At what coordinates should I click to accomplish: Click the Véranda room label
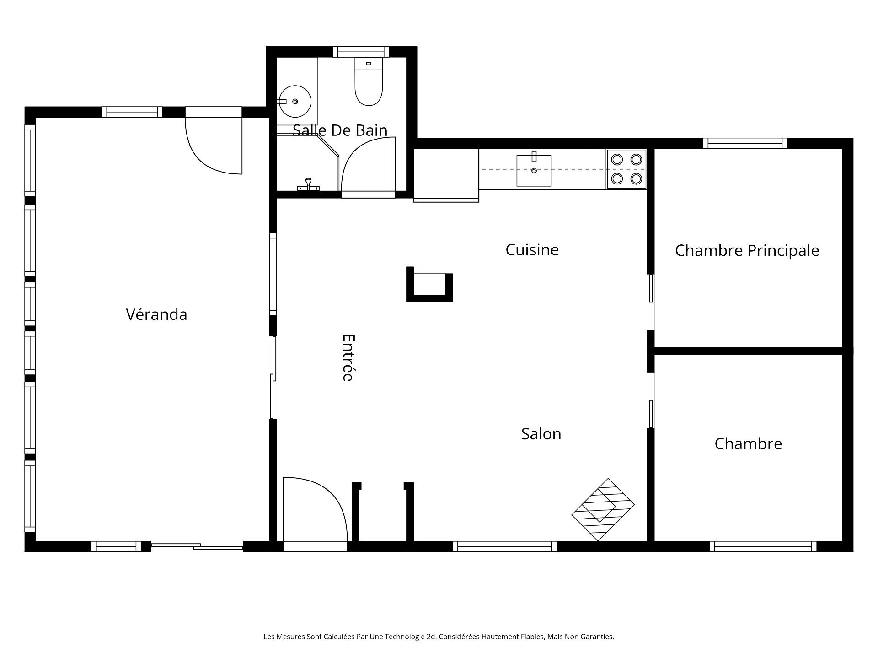[x=156, y=314]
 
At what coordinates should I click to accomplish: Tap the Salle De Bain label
[x=340, y=130]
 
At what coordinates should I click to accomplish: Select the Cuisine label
[x=532, y=250]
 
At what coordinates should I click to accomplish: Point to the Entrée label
[x=348, y=358]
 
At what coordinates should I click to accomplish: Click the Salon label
[x=541, y=434]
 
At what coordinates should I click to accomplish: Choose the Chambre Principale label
[x=747, y=251]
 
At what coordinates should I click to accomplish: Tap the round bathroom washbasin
[x=295, y=101]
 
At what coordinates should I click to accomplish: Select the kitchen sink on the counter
[x=534, y=170]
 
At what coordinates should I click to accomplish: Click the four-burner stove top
[x=626, y=169]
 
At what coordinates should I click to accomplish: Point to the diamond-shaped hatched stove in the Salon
[x=603, y=509]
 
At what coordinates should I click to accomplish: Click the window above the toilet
[x=360, y=52]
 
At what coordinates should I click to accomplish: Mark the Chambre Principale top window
[x=745, y=143]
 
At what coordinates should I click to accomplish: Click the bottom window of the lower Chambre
[x=763, y=546]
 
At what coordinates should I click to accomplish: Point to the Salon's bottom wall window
[x=505, y=546]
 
